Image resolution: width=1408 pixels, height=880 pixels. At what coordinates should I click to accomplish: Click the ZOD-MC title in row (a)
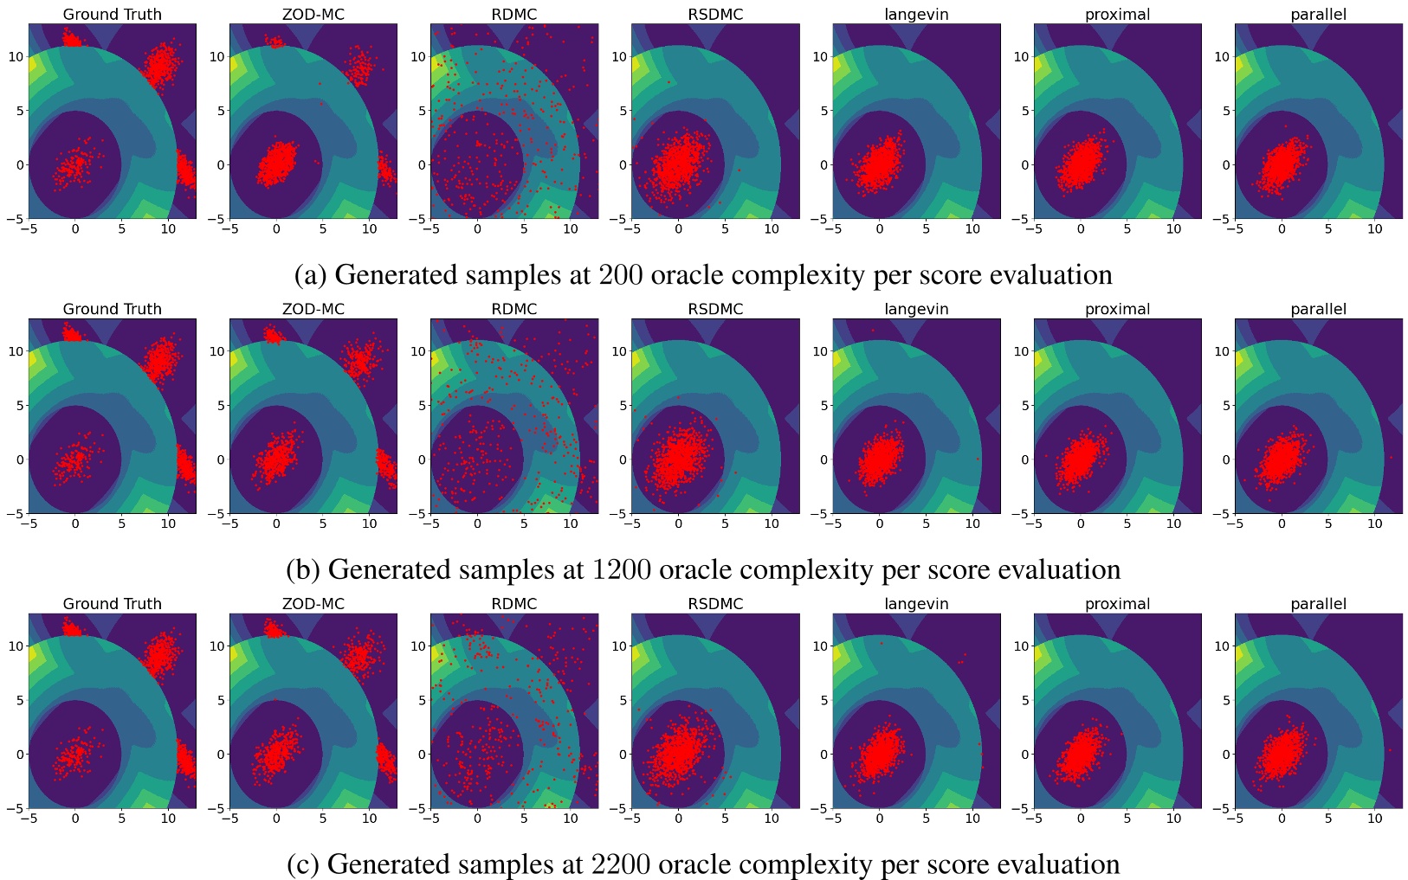click(313, 14)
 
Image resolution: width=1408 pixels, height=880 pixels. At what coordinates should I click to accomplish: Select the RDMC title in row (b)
click(514, 309)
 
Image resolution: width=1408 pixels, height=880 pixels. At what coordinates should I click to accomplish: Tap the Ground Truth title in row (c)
click(113, 604)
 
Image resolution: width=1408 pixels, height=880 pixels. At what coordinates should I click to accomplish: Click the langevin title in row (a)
click(916, 14)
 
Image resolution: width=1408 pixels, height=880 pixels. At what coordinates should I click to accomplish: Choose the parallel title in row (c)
click(1318, 604)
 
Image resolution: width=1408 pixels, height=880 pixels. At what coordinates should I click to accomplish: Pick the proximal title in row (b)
click(1117, 309)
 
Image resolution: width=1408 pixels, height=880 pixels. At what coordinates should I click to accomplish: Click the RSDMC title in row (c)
click(715, 604)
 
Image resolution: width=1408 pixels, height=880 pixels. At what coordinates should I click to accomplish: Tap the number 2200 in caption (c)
click(623, 864)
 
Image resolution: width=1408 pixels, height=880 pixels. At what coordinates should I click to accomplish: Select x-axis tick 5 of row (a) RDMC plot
click(524, 229)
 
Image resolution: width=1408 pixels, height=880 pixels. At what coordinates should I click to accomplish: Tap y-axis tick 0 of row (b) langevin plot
click(824, 459)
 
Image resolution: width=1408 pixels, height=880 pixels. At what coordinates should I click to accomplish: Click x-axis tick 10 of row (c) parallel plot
click(1374, 819)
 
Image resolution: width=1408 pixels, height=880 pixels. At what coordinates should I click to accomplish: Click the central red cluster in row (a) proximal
click(1079, 164)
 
